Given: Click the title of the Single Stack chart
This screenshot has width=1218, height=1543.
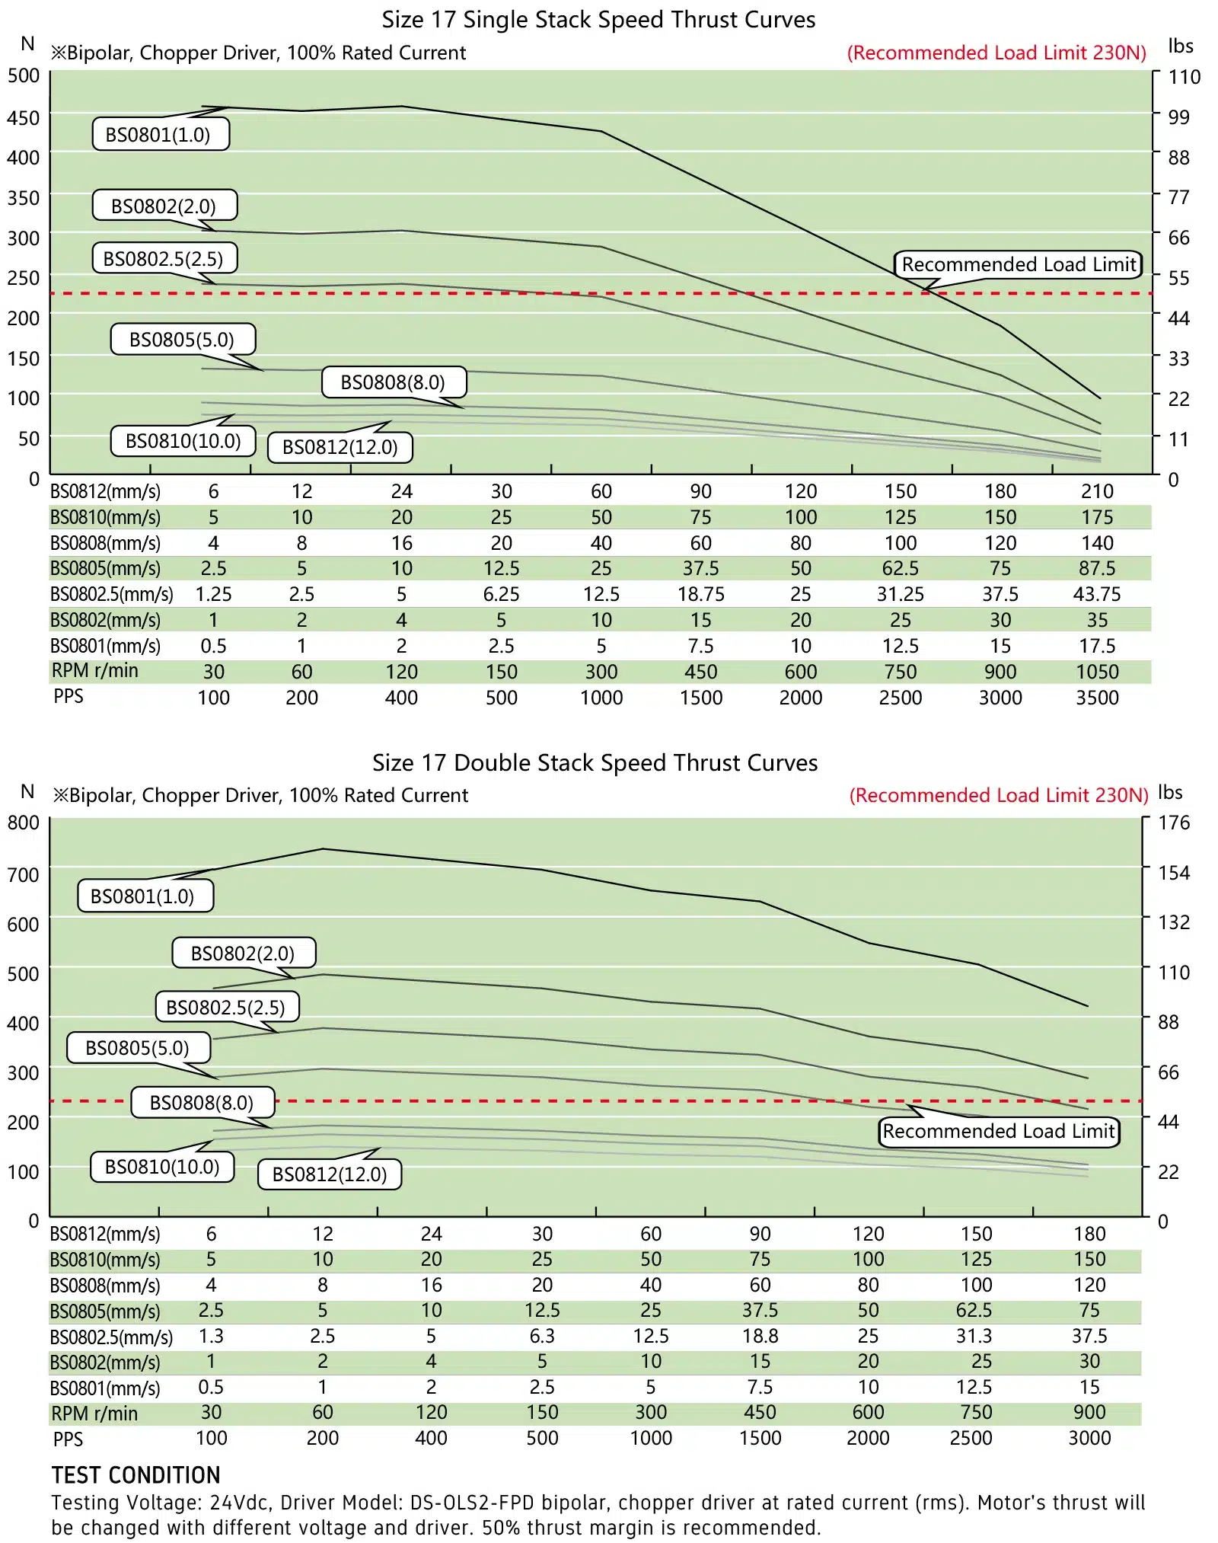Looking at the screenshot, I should [598, 20].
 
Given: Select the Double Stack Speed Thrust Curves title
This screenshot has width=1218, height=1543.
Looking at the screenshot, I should [595, 763].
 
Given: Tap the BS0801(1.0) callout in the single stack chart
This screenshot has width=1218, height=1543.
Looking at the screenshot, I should [161, 135].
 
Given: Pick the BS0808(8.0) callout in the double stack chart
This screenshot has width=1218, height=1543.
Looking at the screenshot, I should [202, 1103].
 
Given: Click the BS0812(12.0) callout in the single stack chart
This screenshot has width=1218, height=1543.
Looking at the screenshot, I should [340, 447].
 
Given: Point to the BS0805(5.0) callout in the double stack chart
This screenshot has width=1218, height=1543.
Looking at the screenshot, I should [138, 1048].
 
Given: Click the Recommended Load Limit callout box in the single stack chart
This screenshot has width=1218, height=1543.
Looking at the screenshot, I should [1018, 264].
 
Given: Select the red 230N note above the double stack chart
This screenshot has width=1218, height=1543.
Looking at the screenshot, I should [998, 796].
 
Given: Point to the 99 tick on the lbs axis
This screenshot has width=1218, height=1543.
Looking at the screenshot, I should [1178, 117].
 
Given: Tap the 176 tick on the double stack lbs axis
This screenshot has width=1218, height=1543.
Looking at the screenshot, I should [1173, 823].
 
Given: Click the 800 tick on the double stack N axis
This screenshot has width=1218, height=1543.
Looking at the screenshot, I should [23, 823].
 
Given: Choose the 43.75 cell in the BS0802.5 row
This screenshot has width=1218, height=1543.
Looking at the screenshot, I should [1096, 594].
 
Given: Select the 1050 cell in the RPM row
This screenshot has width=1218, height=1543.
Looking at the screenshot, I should [1096, 672].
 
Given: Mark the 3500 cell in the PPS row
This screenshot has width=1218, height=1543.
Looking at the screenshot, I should [1096, 698].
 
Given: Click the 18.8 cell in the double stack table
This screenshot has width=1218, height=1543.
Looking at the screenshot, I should [760, 1336].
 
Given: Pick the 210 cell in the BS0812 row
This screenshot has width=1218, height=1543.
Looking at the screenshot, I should [1096, 492].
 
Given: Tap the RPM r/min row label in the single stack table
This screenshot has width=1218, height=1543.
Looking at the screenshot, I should [95, 671].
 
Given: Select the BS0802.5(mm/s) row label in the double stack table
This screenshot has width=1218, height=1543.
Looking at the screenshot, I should [111, 1337].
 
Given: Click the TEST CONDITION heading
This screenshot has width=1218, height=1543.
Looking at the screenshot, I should [136, 1475].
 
